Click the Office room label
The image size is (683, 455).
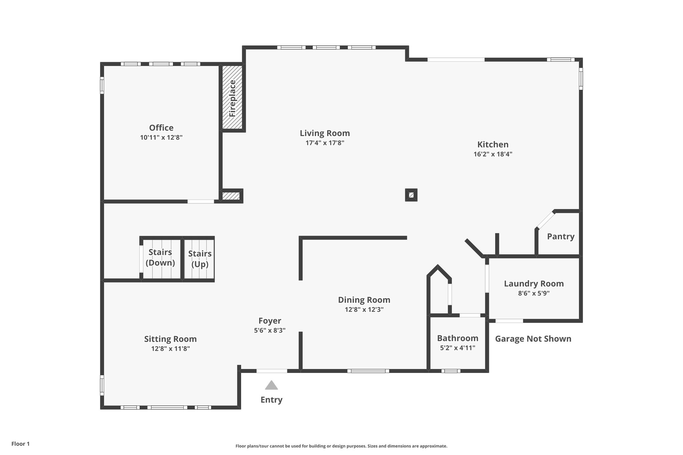click(x=161, y=128)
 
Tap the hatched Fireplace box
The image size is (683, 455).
click(x=232, y=98)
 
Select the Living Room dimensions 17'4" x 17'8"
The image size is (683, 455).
click(x=325, y=143)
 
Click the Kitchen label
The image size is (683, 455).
click(x=493, y=144)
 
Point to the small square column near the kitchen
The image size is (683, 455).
click(x=411, y=195)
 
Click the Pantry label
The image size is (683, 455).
click(x=561, y=236)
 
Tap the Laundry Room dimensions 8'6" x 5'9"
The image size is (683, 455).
click(x=534, y=293)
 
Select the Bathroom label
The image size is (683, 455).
click(x=458, y=338)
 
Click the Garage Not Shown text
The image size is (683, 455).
click(x=533, y=339)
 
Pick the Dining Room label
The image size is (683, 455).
click(x=364, y=300)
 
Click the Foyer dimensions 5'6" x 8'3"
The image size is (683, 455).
click(x=269, y=330)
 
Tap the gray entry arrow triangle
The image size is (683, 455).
click(x=271, y=385)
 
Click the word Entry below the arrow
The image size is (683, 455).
click(x=271, y=400)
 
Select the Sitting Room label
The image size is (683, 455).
click(x=170, y=339)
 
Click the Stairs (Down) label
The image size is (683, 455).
click(x=160, y=257)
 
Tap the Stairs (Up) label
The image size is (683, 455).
click(x=200, y=259)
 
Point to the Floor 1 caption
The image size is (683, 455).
click(x=20, y=444)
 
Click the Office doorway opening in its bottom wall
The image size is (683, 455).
click(x=200, y=201)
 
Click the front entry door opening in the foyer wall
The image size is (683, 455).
click(x=271, y=371)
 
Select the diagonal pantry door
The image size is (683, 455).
click(x=545, y=220)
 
